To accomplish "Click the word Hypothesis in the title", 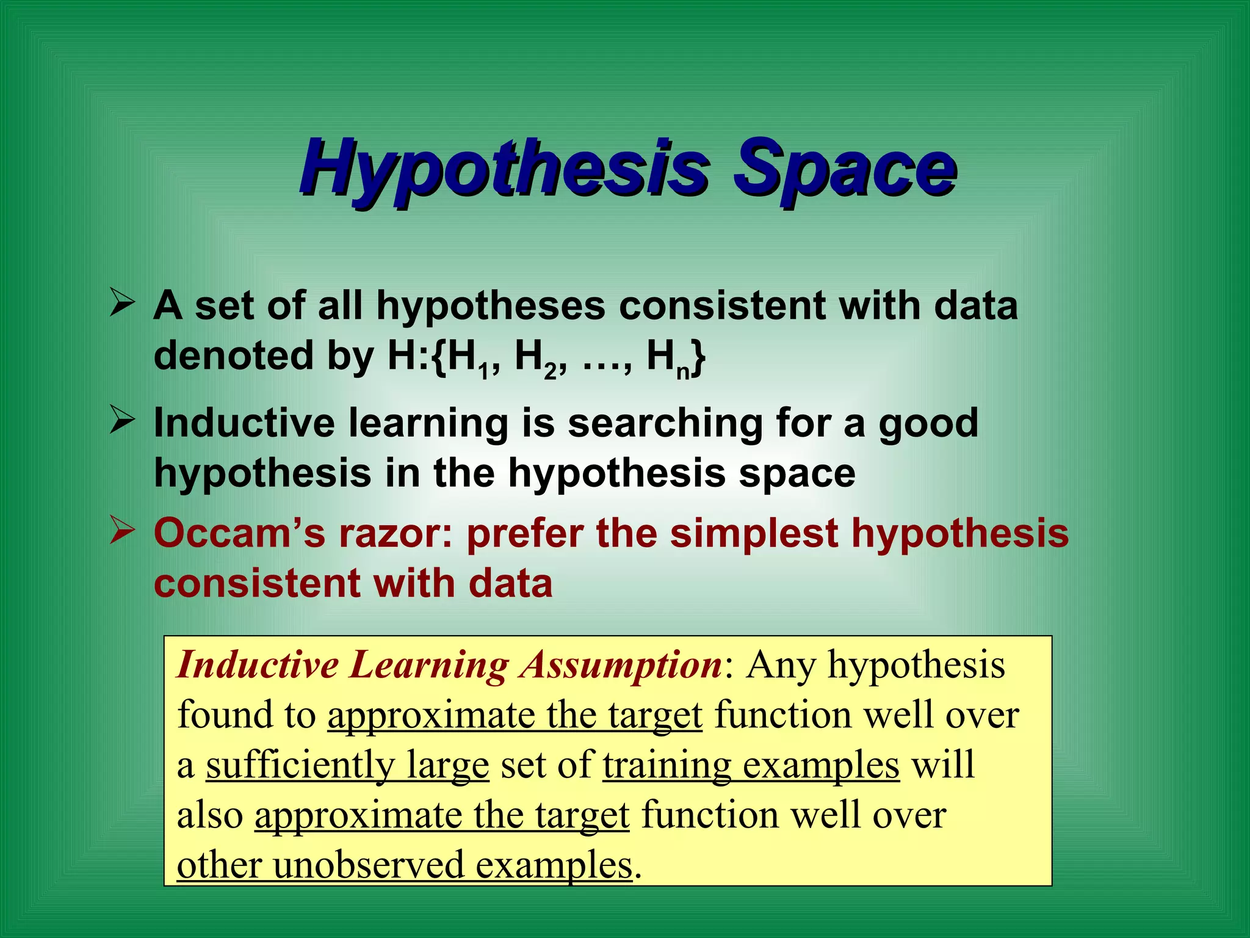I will [504, 168].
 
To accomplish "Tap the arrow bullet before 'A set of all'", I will [122, 304].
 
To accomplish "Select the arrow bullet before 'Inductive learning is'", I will [122, 421].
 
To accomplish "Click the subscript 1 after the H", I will [484, 371].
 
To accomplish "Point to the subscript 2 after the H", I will [551, 371].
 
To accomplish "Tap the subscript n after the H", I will [683, 371].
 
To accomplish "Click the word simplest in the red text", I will [754, 533].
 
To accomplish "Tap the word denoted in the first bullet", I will [233, 356].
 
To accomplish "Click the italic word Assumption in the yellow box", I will [621, 664].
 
